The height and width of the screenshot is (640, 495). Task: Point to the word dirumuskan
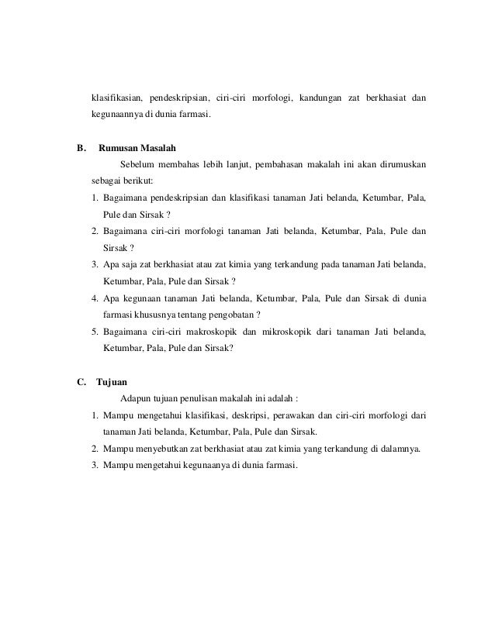(x=397, y=164)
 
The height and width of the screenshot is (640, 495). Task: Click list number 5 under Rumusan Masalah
(x=94, y=332)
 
